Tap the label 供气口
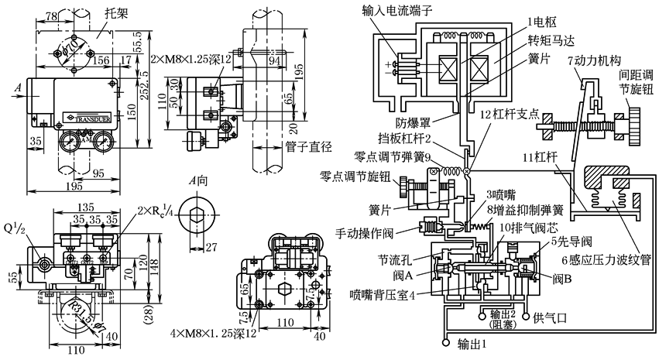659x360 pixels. [551, 318]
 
